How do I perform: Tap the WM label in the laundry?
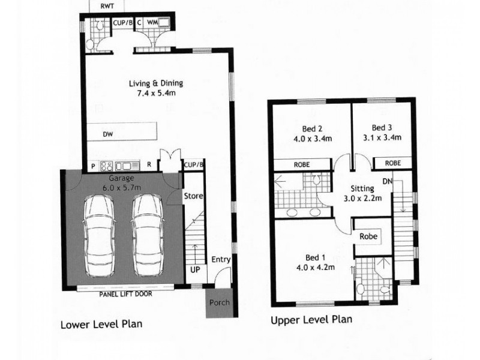click(152, 23)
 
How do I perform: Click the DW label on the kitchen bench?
click(108, 134)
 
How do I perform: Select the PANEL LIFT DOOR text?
click(126, 295)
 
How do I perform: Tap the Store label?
click(194, 196)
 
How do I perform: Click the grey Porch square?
click(219, 302)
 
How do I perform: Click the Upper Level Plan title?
click(311, 319)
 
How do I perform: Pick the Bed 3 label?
click(382, 133)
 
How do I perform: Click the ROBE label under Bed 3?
click(393, 163)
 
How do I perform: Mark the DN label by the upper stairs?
click(387, 181)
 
